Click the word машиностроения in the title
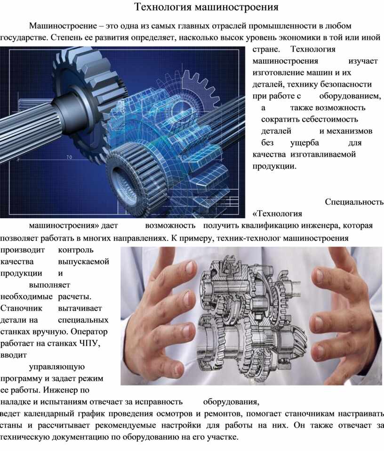(237, 7)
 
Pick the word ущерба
(305, 143)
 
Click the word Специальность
(354, 202)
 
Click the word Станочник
(21, 308)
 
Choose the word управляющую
(57, 367)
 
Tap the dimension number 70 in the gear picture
(69, 157)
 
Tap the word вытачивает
(80, 308)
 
